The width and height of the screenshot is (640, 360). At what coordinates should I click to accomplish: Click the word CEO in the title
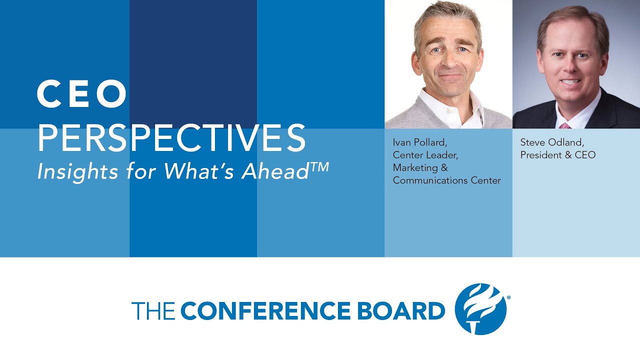tap(82, 94)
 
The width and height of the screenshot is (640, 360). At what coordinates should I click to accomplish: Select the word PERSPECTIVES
tap(171, 138)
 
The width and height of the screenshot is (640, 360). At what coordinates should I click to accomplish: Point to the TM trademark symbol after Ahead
tap(319, 166)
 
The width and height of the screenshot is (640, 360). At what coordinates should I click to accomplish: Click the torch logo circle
tap(480, 309)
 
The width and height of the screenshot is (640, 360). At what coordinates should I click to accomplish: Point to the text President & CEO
tap(558, 155)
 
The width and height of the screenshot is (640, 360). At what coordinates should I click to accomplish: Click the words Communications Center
tap(446, 180)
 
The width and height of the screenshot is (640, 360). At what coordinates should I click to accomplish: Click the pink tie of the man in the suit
tap(565, 125)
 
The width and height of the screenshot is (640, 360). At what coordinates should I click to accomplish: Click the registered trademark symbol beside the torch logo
tap(508, 297)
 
